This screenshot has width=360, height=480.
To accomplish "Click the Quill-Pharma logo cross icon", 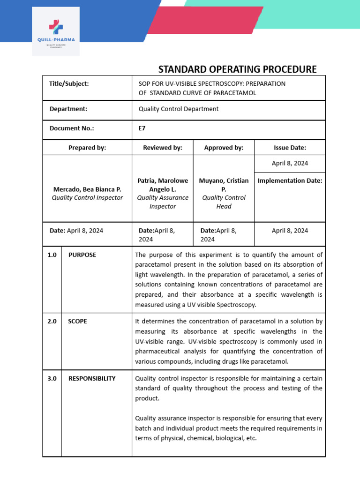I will (55, 27).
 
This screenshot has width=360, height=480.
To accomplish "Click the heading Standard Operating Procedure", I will (237, 69).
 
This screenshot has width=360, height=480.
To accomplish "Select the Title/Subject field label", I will (69, 83).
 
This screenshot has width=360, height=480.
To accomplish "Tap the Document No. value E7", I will (142, 127).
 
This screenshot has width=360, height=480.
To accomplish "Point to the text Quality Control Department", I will (179, 109).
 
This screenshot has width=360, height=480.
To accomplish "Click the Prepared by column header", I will (87, 148).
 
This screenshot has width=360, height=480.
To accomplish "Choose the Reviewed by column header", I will (162, 148).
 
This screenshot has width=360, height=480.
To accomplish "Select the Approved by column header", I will (224, 148).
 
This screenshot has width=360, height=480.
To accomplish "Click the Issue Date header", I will (290, 148).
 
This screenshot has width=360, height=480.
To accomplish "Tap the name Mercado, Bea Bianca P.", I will (87, 189).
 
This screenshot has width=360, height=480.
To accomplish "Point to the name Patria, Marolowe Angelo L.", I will (162, 185).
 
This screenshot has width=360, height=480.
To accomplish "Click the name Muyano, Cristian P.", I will (224, 185).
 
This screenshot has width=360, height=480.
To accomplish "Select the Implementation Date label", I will (290, 180).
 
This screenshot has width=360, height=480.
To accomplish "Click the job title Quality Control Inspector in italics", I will (87, 198).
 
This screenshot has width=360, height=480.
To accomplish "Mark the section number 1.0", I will (52, 255).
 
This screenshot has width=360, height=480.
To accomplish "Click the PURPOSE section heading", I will (82, 255).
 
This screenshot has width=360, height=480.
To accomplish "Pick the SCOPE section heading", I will (78, 322).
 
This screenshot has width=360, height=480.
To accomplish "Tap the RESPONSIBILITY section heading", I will (92, 378).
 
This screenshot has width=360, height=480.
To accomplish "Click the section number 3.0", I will (52, 378).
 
